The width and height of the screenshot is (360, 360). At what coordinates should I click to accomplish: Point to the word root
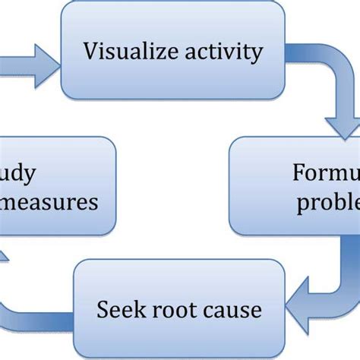tap(172, 310)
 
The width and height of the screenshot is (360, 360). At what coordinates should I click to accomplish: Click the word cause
tap(230, 310)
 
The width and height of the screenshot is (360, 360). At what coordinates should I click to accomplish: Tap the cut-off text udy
tap(23, 174)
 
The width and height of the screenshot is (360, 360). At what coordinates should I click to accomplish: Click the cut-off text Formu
tap(326, 174)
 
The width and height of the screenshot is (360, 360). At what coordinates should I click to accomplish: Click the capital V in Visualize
tap(90, 52)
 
